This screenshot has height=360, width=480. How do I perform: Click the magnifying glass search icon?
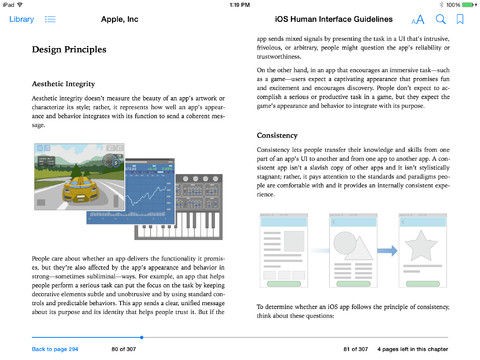click(440, 19)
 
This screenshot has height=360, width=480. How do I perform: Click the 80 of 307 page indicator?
click(124, 349)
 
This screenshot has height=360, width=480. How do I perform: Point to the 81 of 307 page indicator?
click(356, 349)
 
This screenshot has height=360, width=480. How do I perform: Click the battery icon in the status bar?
click(466, 4)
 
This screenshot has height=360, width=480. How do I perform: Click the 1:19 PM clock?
click(240, 4)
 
